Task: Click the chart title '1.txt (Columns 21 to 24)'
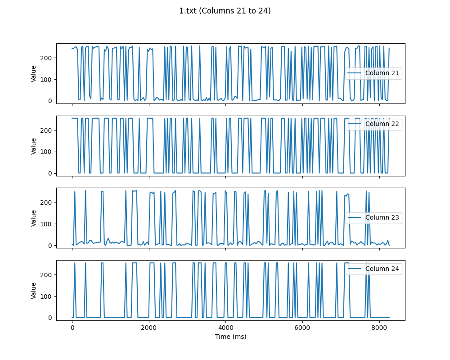point(225,11)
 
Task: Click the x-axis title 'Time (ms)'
point(230,337)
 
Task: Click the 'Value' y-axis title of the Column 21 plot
point(34,73)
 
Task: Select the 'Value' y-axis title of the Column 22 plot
point(34,146)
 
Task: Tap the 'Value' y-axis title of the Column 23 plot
point(34,218)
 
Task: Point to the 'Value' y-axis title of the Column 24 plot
point(34,290)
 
